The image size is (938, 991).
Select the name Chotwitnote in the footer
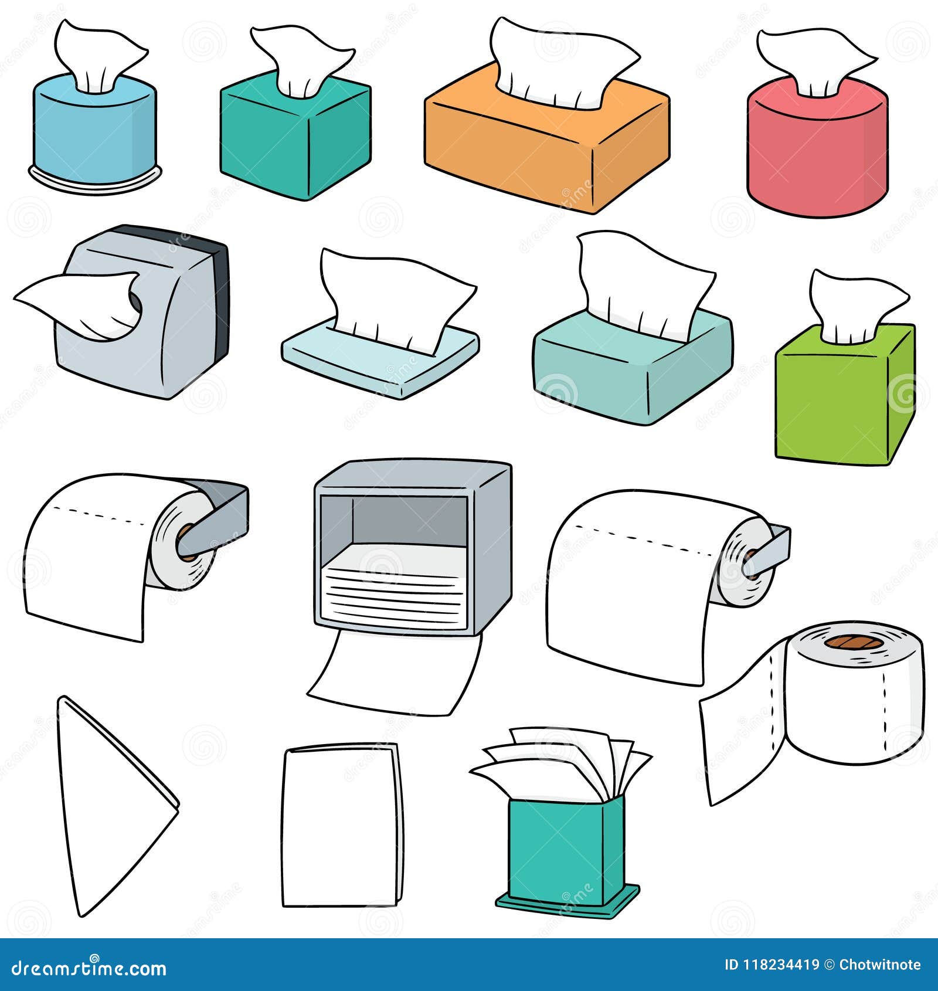[879, 965]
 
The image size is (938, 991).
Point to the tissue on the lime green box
[850, 305]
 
